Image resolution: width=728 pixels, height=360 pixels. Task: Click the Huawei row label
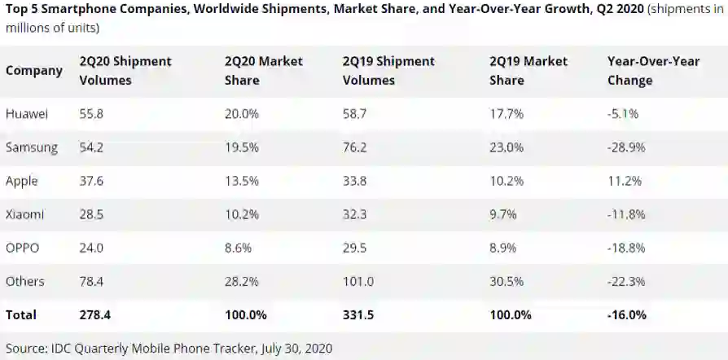point(27,115)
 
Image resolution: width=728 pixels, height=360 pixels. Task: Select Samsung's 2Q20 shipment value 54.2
point(91,148)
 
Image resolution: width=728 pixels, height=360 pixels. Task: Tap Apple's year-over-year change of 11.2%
point(625,181)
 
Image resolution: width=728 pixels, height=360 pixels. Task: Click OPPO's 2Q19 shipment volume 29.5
point(357,248)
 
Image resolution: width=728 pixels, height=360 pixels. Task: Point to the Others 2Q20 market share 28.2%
point(241,281)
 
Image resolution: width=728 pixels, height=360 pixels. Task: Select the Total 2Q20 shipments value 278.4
point(94,314)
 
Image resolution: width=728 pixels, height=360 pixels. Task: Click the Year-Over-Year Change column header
point(642,71)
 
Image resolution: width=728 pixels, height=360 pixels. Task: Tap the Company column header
point(33,71)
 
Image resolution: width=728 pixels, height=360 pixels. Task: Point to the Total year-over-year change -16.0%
point(626,314)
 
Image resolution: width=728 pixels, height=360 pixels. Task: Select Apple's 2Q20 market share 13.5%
point(241,181)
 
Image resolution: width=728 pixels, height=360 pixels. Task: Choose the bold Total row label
point(21,314)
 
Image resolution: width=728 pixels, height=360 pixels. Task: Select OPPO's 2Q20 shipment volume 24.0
point(91,248)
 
